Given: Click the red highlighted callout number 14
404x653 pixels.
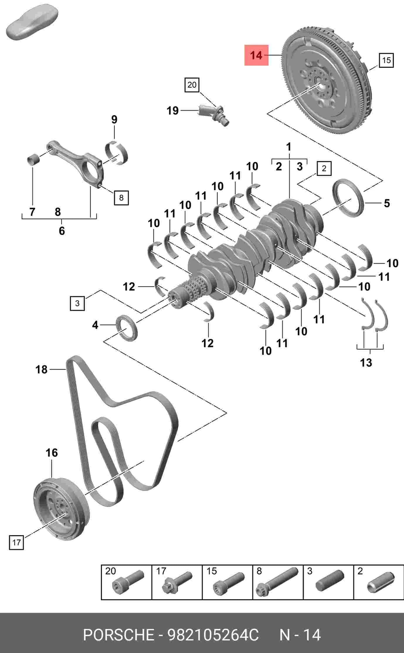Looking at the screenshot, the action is coord(257,55).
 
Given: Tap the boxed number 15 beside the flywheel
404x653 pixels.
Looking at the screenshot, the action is coord(386,60).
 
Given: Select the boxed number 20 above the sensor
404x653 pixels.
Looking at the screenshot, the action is coord(192,85).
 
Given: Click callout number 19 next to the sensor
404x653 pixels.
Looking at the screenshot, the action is coord(172,110).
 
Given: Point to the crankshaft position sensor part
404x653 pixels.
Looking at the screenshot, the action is coord(214,115).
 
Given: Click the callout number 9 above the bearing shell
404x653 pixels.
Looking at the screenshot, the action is coord(114,119).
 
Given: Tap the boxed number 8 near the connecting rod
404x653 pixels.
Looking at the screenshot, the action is coord(121,197).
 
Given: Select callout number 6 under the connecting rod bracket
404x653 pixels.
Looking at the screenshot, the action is coord(62,231).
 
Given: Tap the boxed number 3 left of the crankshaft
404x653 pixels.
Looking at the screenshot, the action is coord(77,303).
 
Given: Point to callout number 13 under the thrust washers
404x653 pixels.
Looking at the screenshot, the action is coord(366,362).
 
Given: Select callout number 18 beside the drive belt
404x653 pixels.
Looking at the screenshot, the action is coord(41,369).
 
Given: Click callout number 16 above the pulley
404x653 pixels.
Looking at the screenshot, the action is coord(52,453).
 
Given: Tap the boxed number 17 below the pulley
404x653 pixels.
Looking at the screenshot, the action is coord(16,543).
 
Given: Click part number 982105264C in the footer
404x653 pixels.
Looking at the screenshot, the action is coord(213,635).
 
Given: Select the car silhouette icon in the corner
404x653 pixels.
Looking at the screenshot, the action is coord(32,22).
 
